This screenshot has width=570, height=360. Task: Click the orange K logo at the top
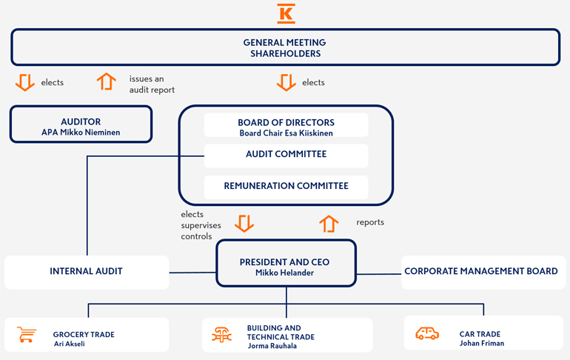(x=286, y=13)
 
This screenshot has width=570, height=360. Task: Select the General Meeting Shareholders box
(x=285, y=47)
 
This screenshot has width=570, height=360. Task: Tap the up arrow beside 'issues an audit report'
(x=107, y=81)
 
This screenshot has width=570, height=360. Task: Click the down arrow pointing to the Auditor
(x=25, y=81)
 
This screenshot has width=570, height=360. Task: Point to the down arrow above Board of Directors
(x=286, y=81)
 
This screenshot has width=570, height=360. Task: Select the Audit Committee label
(x=286, y=155)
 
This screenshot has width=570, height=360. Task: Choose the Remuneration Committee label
(x=286, y=186)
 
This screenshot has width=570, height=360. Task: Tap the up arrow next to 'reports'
(x=329, y=223)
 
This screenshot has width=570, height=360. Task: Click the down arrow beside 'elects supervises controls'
(x=244, y=223)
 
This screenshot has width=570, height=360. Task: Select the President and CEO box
(x=286, y=267)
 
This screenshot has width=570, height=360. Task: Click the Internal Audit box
(x=86, y=272)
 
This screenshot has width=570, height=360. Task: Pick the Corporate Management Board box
(x=482, y=272)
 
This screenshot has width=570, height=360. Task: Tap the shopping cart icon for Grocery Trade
(x=27, y=335)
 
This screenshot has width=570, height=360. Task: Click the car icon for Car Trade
(x=427, y=334)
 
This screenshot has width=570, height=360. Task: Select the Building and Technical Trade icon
(x=221, y=336)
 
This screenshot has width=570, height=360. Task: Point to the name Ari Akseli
(x=69, y=344)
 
